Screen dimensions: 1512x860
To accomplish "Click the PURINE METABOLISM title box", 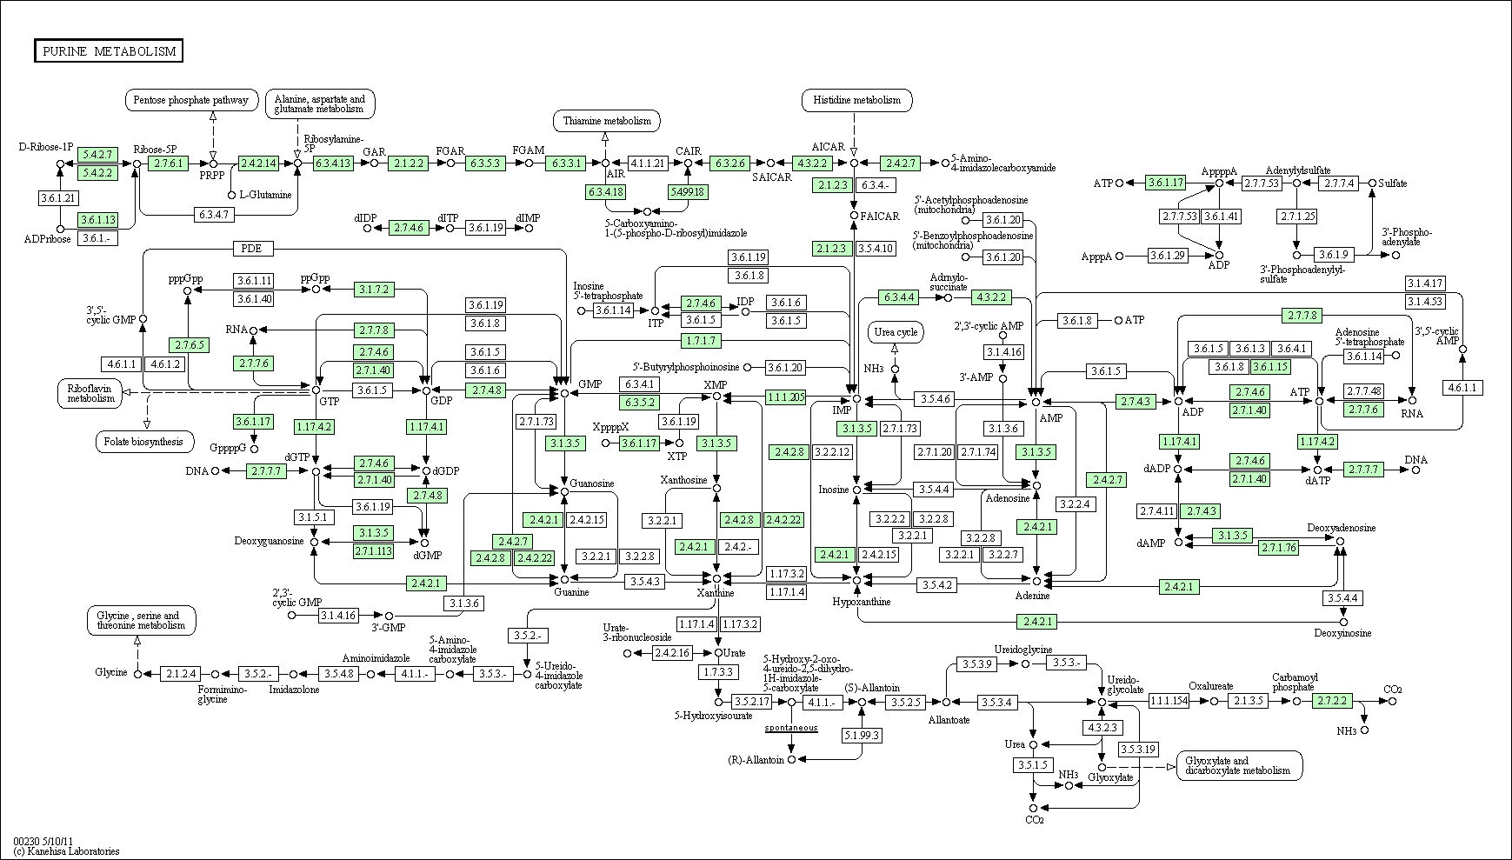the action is point(109,51).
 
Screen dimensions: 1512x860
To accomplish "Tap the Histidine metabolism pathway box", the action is point(857,100).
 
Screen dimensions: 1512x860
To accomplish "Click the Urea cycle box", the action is point(896,332).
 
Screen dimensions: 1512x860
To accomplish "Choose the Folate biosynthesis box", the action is point(144,442).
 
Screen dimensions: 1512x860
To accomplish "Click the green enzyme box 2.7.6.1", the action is point(168,163).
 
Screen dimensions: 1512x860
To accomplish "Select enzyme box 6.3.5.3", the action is point(485,163).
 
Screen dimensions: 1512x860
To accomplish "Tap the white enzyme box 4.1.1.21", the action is point(647,163).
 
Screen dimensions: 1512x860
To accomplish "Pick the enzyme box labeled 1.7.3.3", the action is point(718,672).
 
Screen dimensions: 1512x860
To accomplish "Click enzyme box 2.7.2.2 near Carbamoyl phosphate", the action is point(1333,701).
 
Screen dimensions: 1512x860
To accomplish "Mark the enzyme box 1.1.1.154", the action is point(1169,701).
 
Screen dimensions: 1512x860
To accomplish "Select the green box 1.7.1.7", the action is point(701,341).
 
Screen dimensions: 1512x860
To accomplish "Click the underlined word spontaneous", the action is point(791,727).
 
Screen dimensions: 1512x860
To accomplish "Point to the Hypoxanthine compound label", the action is point(861,602).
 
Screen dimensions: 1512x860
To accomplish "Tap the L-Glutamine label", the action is point(265,195).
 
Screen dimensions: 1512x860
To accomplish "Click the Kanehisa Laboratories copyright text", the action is point(66,851).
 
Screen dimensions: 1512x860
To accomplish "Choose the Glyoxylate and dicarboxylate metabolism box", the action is point(1239,765).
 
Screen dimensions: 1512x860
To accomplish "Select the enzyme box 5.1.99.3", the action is point(862,736).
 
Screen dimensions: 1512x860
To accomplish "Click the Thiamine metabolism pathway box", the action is point(606,121).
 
